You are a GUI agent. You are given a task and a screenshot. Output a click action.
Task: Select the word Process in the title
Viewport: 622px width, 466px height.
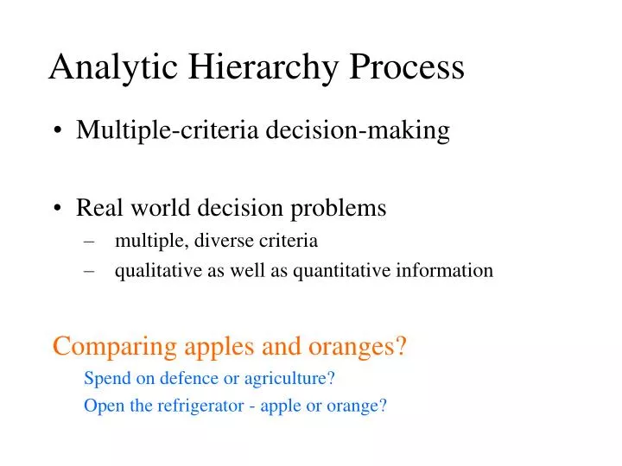click(x=406, y=67)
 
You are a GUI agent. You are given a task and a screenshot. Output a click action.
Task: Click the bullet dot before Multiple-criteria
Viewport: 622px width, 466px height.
click(x=58, y=131)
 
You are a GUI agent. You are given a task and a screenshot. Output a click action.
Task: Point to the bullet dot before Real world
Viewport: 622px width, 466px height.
click(x=58, y=208)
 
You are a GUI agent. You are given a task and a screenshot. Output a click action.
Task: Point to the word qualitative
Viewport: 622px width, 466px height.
click(x=155, y=271)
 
